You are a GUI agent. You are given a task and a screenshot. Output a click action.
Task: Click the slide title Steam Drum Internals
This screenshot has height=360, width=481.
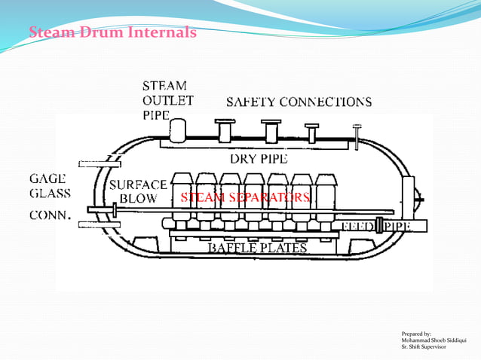(x=112, y=32)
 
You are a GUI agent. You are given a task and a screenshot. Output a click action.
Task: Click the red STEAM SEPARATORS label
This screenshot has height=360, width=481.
(x=245, y=198)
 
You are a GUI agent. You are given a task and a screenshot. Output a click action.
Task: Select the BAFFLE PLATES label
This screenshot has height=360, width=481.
(x=257, y=248)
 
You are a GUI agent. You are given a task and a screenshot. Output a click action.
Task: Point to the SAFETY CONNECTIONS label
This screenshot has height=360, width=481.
(x=299, y=102)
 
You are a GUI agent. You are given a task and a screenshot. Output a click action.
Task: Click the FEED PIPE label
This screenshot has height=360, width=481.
(x=385, y=226)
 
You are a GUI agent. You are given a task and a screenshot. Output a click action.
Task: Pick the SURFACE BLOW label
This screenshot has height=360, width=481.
(x=138, y=192)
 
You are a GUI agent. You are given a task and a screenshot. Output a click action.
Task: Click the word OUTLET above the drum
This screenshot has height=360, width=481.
(x=168, y=101)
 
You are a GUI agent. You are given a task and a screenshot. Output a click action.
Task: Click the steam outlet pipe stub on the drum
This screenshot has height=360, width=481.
(x=179, y=130)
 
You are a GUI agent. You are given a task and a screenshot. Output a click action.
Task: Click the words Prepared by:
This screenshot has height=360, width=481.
(x=418, y=333)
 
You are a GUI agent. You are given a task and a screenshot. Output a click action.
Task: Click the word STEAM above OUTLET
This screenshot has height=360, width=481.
(x=164, y=86)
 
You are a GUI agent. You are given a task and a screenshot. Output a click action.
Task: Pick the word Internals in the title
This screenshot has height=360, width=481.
(x=162, y=32)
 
